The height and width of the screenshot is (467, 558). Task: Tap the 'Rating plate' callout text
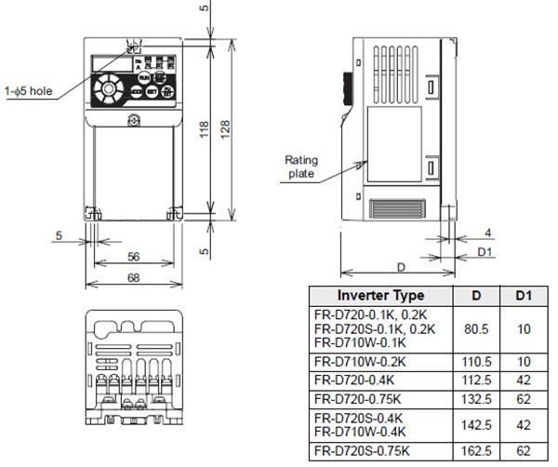(300, 167)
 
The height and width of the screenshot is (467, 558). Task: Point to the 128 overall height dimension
(224, 133)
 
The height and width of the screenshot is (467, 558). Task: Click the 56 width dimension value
(133, 256)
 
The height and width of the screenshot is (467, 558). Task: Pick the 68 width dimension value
(133, 277)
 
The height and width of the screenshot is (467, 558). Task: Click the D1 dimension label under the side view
(485, 251)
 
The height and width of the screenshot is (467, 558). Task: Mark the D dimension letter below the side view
(400, 267)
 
